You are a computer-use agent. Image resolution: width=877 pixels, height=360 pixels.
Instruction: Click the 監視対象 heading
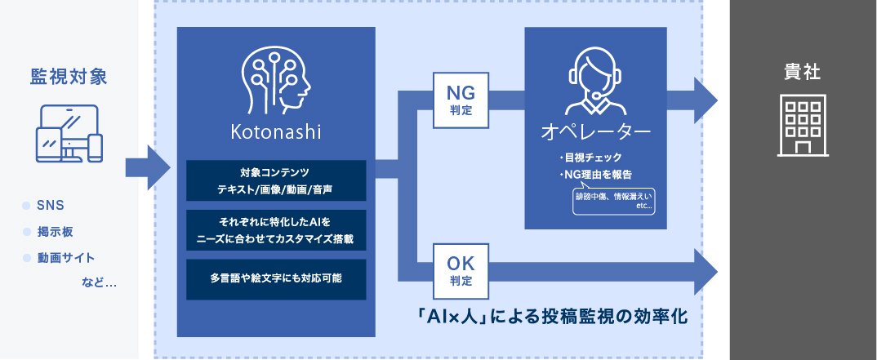point(69,77)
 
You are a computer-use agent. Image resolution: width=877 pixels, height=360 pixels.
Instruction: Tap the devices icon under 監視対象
point(69,134)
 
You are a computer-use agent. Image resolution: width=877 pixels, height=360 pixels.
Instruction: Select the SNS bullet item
point(51,205)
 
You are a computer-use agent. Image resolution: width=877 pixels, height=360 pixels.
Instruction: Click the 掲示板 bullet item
point(55,232)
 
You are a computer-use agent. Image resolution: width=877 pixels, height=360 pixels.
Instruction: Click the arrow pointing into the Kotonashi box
point(148,167)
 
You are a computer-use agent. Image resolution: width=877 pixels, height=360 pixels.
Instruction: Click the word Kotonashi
point(276,132)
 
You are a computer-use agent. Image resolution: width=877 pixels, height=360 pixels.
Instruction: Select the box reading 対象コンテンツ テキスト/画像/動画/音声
point(276,180)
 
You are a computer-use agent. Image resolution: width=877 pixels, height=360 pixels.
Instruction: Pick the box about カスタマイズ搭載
point(276,229)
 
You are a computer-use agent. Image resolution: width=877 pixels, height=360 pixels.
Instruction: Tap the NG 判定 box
point(461,100)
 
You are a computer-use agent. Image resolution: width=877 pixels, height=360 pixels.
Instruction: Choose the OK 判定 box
point(461,271)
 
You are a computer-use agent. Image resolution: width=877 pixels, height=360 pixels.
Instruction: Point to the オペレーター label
point(595,132)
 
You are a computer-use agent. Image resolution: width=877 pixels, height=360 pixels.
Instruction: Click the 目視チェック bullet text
point(590,158)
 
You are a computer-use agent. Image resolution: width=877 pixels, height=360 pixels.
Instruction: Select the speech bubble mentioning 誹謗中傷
point(613,200)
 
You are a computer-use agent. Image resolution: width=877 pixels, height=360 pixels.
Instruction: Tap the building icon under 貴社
point(803,127)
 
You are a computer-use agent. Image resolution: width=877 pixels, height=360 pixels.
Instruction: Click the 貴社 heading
point(803,73)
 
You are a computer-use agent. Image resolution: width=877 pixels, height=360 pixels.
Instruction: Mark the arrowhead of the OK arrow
point(706,272)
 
